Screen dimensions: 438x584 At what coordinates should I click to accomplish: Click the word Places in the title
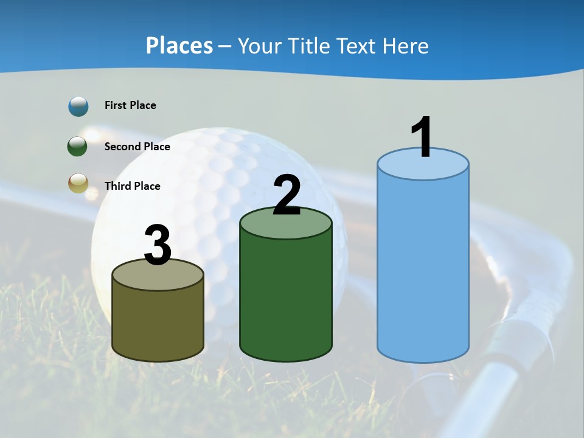pos(179,46)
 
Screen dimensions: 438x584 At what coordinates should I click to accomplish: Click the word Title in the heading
pos(307,46)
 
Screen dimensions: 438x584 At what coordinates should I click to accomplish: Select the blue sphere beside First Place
pos(78,106)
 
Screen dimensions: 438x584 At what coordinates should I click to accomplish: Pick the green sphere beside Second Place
pos(78,147)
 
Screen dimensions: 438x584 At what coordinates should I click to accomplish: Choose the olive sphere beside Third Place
pos(78,183)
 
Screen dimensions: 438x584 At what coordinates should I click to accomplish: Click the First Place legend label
pos(130,105)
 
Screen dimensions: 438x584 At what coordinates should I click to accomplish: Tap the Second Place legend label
pos(137,147)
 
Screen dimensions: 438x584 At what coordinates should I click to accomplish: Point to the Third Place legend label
pos(132,186)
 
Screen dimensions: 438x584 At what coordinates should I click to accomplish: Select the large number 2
pos(287,195)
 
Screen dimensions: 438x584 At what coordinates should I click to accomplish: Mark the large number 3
pos(158,245)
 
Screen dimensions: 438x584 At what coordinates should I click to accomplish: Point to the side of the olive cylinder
pos(158,322)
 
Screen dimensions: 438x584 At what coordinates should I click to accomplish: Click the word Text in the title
pos(358,46)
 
